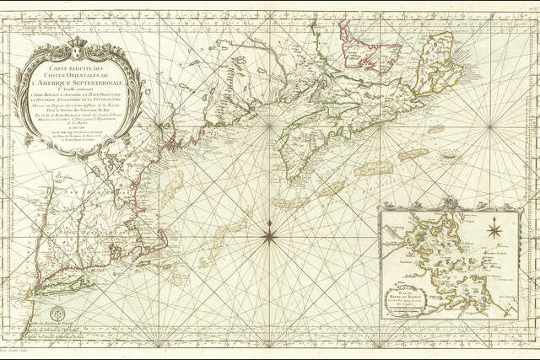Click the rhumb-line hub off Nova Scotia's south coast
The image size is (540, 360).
coord(269,126)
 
